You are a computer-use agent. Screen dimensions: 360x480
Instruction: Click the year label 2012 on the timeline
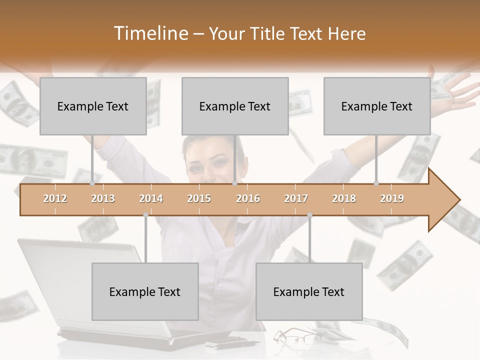55,198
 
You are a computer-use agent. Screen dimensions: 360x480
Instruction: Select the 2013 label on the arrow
103,198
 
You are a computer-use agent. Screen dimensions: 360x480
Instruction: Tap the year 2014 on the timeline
151,198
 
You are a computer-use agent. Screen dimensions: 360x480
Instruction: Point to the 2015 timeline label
199,198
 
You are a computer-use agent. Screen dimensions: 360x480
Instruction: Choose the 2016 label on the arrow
248,198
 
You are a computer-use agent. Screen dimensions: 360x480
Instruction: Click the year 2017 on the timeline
296,198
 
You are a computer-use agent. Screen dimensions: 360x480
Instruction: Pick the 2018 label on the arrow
344,198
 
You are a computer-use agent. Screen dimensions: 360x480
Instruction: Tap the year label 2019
392,198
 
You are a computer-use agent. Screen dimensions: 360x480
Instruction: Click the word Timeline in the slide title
150,33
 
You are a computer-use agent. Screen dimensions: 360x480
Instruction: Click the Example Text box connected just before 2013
93,106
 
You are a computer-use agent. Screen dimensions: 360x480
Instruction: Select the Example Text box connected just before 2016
235,106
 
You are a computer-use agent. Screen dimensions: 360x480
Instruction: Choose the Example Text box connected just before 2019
377,106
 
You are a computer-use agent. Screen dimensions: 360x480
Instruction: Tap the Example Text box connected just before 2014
145,291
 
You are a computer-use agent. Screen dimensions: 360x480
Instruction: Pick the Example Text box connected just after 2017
309,291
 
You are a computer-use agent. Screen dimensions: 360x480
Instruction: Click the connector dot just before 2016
234,183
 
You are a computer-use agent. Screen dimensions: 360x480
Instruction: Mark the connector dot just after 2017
309,215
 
